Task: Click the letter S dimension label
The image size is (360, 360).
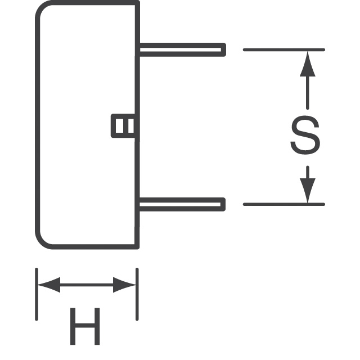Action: coord(305,135)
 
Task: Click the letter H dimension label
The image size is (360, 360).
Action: coord(85,326)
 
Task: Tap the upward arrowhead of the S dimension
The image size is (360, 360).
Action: coord(308,64)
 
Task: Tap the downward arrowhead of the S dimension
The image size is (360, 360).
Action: coord(308,191)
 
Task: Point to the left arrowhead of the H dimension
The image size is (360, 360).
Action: coord(49,285)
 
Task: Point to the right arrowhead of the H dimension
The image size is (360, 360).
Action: coord(124,285)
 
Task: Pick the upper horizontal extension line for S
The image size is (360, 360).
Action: coord(284,49)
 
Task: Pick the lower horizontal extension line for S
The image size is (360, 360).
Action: coord(284,204)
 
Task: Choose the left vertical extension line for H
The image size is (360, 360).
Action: coord(37,294)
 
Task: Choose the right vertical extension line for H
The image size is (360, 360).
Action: coord(137,294)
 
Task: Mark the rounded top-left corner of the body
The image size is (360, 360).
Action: coord(40,6)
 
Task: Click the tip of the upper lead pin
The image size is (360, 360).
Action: coord(226,49)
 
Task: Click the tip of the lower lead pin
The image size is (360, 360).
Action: coord(225,204)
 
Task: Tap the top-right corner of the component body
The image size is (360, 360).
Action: coord(138,2)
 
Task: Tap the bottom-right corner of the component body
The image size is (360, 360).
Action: coord(137,247)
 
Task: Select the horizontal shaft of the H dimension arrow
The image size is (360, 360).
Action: coord(87,285)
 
